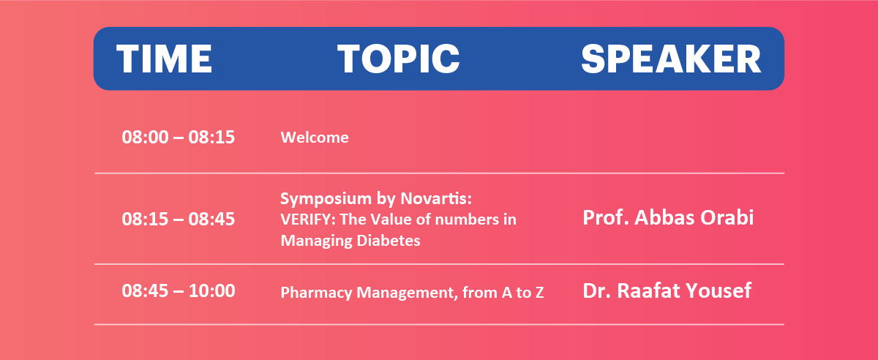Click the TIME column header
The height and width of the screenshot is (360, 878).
tap(164, 59)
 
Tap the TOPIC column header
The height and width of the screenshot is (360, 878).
tap(398, 59)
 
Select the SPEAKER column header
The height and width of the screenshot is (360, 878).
tap(671, 59)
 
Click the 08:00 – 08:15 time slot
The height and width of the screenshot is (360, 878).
tap(179, 138)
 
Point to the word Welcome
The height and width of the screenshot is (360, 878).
tap(315, 138)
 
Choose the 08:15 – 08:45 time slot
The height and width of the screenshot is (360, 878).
tap(179, 219)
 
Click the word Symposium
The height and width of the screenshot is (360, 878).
tap(326, 199)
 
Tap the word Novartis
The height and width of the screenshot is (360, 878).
tap(435, 198)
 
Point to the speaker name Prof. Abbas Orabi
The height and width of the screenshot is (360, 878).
tap(668, 217)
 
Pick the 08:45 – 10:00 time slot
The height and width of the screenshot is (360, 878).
tap(179, 291)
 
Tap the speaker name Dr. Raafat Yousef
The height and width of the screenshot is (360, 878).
tap(667, 290)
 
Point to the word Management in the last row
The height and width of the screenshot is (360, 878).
tap(407, 293)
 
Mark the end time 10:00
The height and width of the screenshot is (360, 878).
tap(212, 291)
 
